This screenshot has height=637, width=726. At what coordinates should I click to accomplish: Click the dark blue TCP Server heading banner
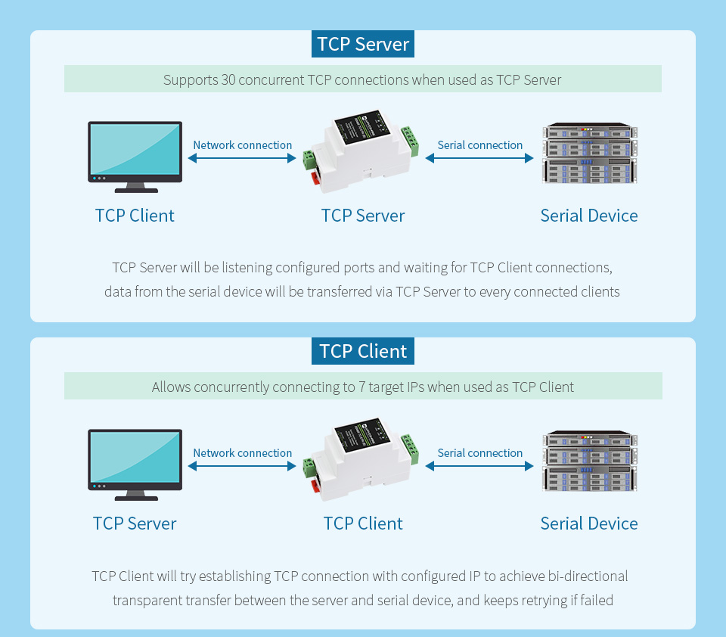tap(363, 44)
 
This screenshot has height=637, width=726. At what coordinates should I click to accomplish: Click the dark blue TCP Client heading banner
tap(363, 351)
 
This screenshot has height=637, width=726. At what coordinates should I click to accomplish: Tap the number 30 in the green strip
tap(228, 79)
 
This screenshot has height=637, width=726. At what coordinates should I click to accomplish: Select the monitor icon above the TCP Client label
tap(135, 156)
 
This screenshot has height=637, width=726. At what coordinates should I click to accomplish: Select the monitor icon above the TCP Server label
tap(135, 464)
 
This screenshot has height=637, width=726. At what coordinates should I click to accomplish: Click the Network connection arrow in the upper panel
tap(242, 158)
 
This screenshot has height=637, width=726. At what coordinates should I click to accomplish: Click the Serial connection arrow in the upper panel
tap(479, 158)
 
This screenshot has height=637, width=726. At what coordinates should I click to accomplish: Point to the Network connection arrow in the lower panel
tap(242, 466)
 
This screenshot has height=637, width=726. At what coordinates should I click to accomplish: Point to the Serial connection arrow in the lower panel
tap(479, 466)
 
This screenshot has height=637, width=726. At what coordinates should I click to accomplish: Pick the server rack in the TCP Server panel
tap(589, 154)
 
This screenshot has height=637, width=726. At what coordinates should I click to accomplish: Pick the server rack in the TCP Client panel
tap(589, 461)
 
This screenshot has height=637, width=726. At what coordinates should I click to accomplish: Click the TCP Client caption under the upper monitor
tap(135, 216)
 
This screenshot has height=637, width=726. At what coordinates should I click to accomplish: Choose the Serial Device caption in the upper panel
tap(589, 216)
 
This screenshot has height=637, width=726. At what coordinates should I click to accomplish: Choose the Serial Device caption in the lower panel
tap(589, 524)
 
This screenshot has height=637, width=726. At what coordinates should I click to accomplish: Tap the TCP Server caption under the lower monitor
tap(135, 524)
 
